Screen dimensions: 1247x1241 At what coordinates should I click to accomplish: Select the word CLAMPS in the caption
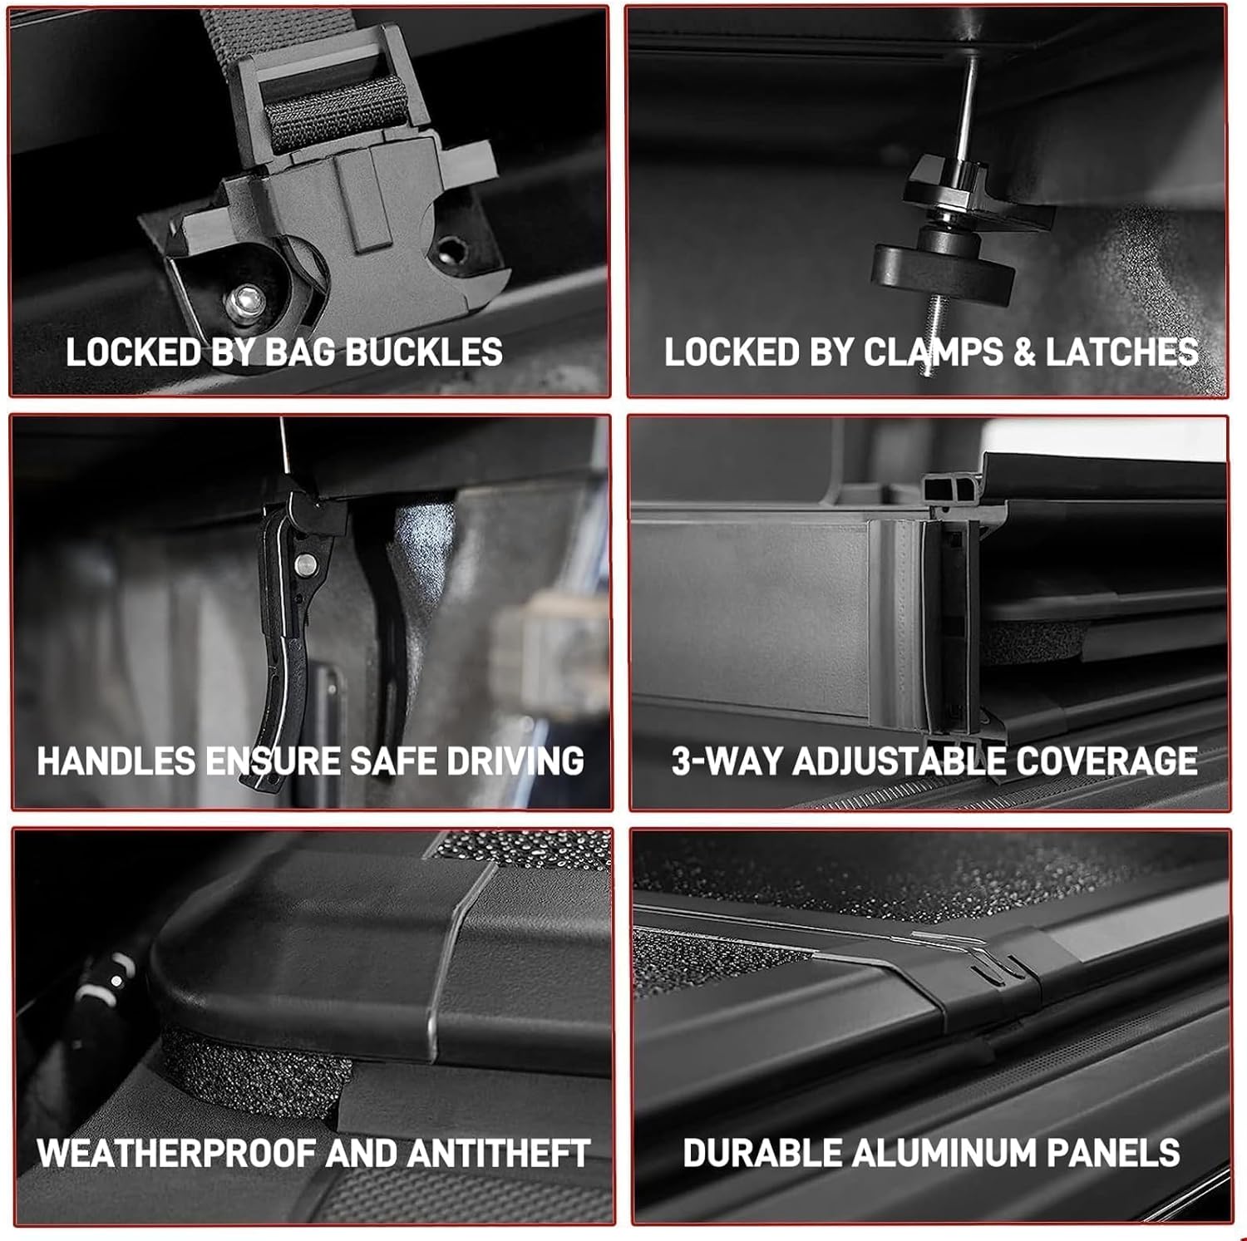pyautogui.click(x=934, y=352)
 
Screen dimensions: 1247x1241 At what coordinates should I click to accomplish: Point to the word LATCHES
pyautogui.click(x=1121, y=352)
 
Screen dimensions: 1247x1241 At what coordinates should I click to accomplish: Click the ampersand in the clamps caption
pyautogui.click(x=1024, y=352)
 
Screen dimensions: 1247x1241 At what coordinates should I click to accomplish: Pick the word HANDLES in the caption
pyautogui.click(x=116, y=761)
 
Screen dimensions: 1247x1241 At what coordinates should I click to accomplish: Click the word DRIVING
pyautogui.click(x=515, y=761)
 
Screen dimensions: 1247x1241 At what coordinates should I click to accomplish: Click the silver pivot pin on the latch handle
pyautogui.click(x=307, y=565)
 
